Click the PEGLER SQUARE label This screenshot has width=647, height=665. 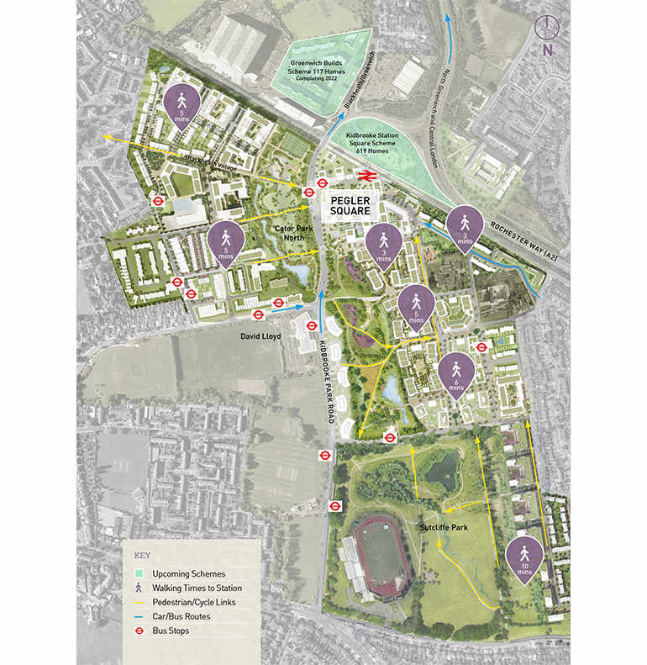click(x=345, y=207)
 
